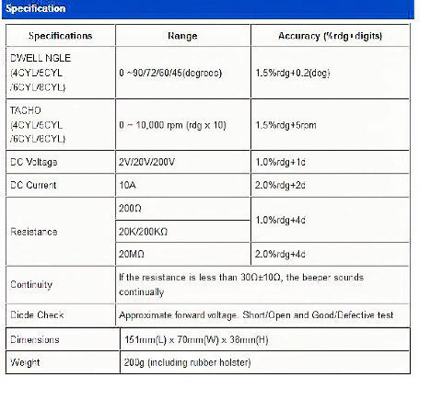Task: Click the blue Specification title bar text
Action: pos(36,8)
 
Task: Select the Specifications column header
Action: pos(61,36)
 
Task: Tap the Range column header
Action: pos(182,36)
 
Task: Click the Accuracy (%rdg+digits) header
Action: pos(330,36)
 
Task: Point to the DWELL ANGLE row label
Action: pos(39,71)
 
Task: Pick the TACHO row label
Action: pos(37,123)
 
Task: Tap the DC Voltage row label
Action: pos(35,161)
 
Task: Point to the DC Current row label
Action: pos(33,185)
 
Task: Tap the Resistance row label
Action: pos(32,232)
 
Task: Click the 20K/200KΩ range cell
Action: pos(145,232)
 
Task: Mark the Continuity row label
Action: pos(31,284)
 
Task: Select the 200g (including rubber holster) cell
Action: pos(186,361)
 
